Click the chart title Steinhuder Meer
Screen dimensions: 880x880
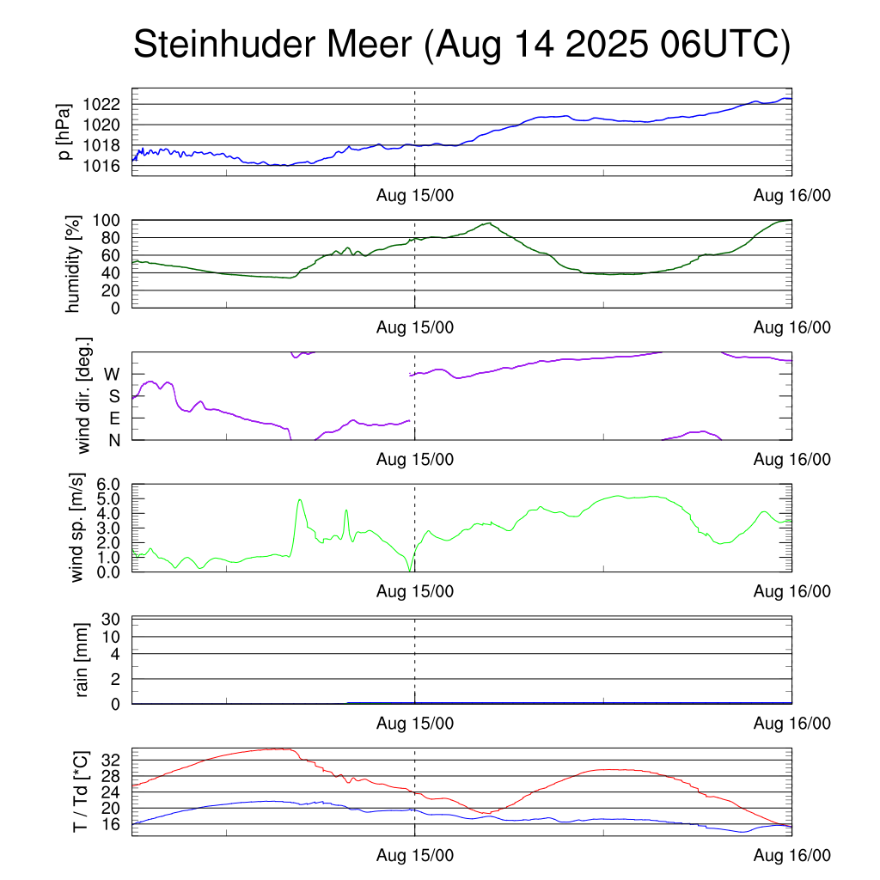(461, 46)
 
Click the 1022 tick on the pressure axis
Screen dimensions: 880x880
(104, 105)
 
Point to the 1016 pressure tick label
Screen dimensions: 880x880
(104, 165)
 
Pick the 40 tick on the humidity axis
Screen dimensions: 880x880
(115, 272)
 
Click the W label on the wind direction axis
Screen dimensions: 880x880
(112, 375)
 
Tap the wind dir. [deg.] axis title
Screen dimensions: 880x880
(84, 395)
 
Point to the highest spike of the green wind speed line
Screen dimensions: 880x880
(300, 499)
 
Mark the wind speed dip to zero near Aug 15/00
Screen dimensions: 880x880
(410, 570)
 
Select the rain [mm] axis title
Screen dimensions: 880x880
(82, 661)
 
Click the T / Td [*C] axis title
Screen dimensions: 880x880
(80, 791)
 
